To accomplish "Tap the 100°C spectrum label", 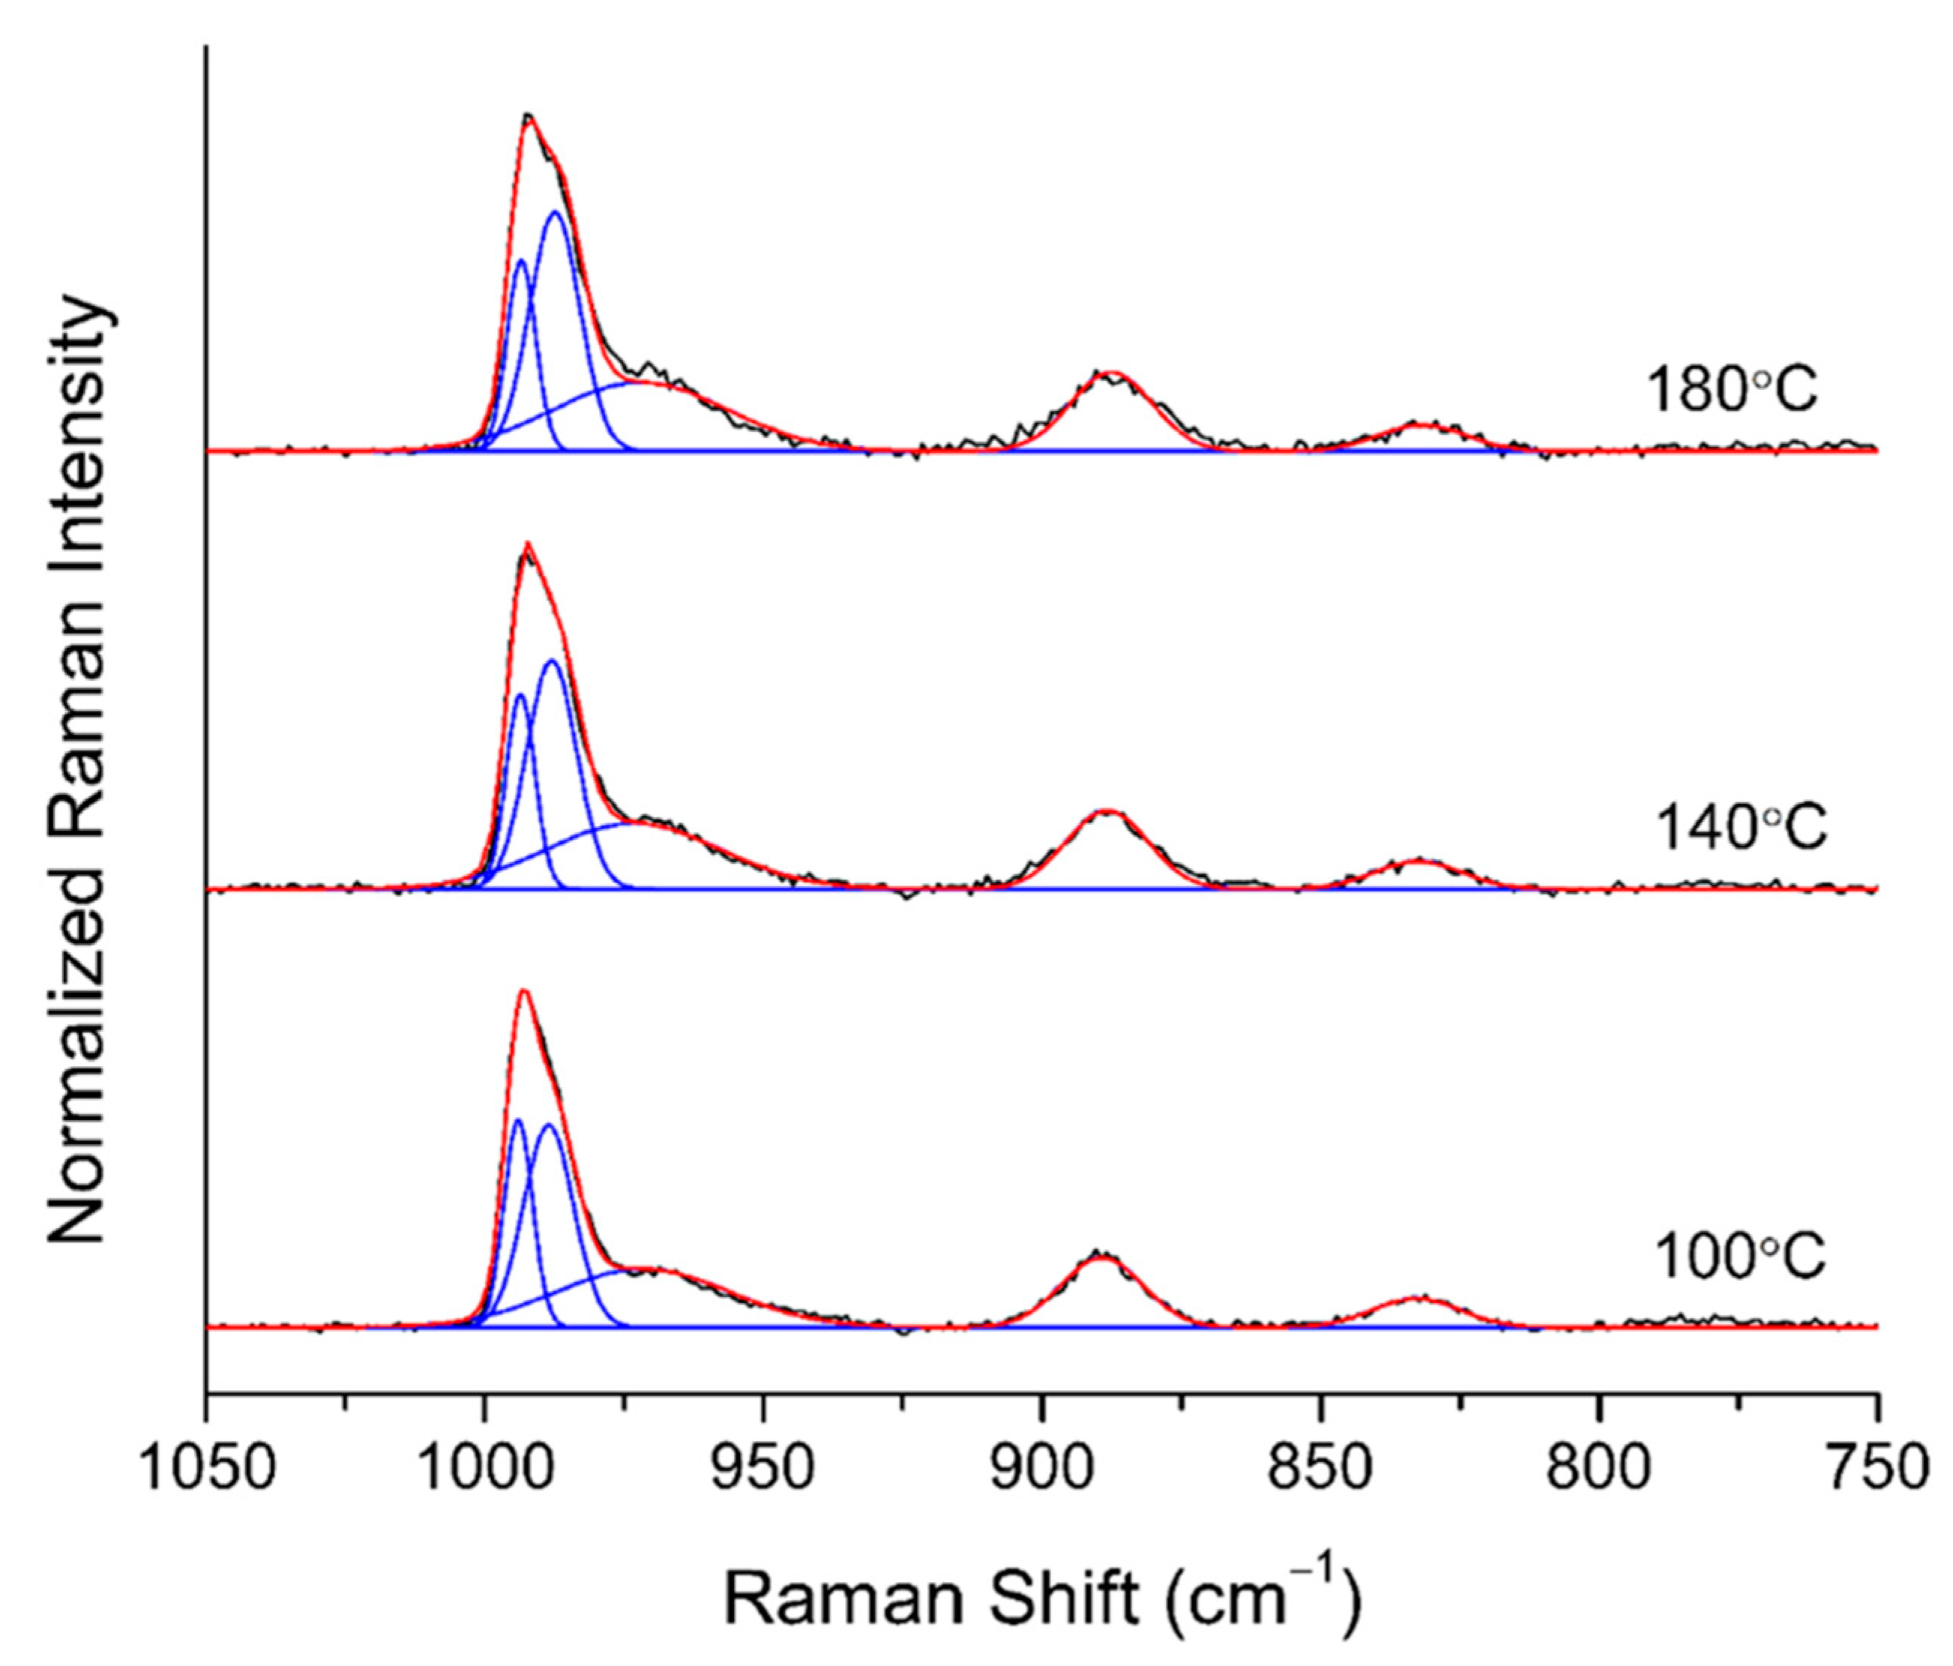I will click(x=1740, y=1257).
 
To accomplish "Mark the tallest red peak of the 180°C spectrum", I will click(x=529, y=117).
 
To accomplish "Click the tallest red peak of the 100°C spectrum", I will click(x=524, y=991).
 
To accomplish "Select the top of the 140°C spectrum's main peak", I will click(x=528, y=544).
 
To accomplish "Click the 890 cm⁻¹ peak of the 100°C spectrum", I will click(x=1101, y=1257).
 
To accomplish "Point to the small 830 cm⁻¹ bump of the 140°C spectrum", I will click(x=1418, y=861).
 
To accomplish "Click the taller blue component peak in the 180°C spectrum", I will click(x=556, y=213).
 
